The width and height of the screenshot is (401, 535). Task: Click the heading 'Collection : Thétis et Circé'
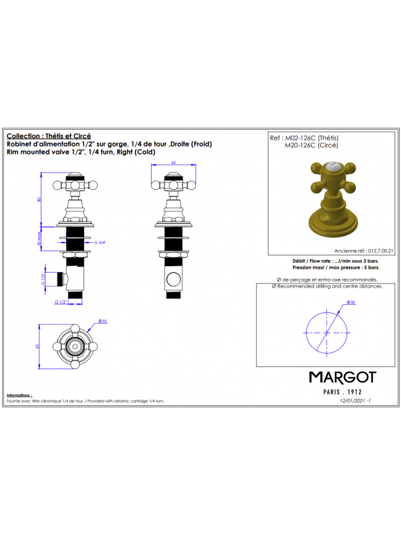49,135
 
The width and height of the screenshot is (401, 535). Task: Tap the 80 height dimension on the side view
40,199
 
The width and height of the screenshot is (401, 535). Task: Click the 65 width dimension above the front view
173,163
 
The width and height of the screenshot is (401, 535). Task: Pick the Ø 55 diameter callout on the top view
103,321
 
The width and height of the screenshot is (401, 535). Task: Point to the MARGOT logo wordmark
342,377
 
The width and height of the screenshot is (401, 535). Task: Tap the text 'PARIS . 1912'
342,392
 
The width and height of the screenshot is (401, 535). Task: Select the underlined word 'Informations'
20,395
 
